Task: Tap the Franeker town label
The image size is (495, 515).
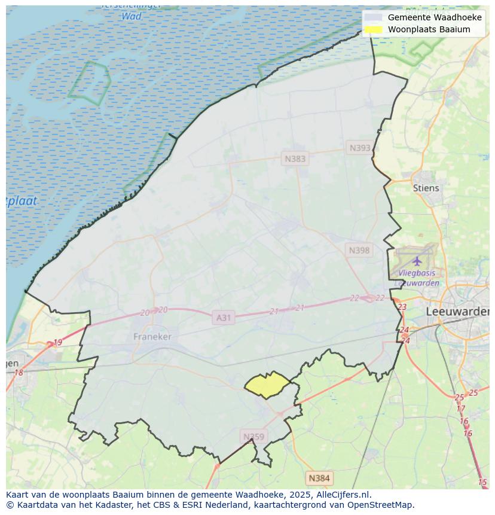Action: click(x=152, y=337)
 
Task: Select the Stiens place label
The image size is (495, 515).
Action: click(x=426, y=188)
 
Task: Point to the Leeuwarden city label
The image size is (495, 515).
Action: click(x=458, y=312)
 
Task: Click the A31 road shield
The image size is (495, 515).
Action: click(x=223, y=318)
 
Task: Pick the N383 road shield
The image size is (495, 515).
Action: click(x=295, y=159)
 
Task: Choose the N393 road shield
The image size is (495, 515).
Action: click(x=360, y=148)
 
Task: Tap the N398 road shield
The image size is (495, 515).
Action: click(x=359, y=250)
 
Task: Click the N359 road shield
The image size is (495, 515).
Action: click(x=253, y=437)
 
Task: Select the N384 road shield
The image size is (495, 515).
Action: click(x=319, y=478)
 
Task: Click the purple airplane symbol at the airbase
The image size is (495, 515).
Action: click(x=417, y=261)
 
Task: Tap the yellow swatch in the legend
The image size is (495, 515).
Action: click(x=373, y=29)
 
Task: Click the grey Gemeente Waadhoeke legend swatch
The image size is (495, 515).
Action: click(x=373, y=17)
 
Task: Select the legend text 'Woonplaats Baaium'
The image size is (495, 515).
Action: click(x=429, y=29)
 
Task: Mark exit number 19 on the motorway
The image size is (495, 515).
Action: click(x=57, y=343)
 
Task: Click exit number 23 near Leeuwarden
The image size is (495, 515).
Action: click(x=402, y=307)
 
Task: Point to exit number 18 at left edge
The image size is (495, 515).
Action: click(x=18, y=373)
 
